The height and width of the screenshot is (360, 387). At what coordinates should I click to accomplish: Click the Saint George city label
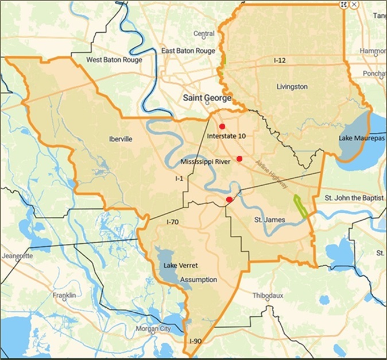207,98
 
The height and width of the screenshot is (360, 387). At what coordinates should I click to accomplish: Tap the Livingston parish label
293,87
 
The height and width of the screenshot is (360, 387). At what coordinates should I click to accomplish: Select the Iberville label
121,139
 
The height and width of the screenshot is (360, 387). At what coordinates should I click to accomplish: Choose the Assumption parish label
199,280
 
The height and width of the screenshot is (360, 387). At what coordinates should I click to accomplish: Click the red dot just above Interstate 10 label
222,127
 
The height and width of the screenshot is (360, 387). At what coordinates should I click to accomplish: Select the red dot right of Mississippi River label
239,159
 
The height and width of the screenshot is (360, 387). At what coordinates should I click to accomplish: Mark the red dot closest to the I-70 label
229,200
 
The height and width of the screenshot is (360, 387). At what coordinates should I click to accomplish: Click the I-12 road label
280,60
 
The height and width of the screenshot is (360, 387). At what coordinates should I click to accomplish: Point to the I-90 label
195,342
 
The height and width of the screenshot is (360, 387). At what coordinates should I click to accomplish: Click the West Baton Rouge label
114,60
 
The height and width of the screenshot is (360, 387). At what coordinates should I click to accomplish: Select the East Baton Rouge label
188,51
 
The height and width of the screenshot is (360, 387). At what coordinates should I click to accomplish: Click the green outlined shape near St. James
301,205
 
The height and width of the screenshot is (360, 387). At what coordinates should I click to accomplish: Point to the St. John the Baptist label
354,198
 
